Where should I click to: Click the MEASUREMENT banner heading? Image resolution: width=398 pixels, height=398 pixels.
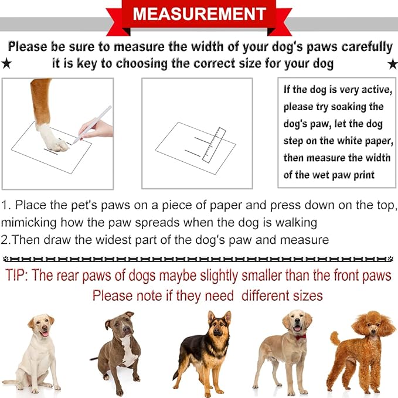pos(199,13)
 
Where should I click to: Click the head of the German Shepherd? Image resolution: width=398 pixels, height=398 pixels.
pos(219,325)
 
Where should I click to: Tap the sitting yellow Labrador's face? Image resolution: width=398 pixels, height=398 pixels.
pos(42,325)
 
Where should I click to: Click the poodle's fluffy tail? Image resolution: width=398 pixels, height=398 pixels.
pos(335,338)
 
